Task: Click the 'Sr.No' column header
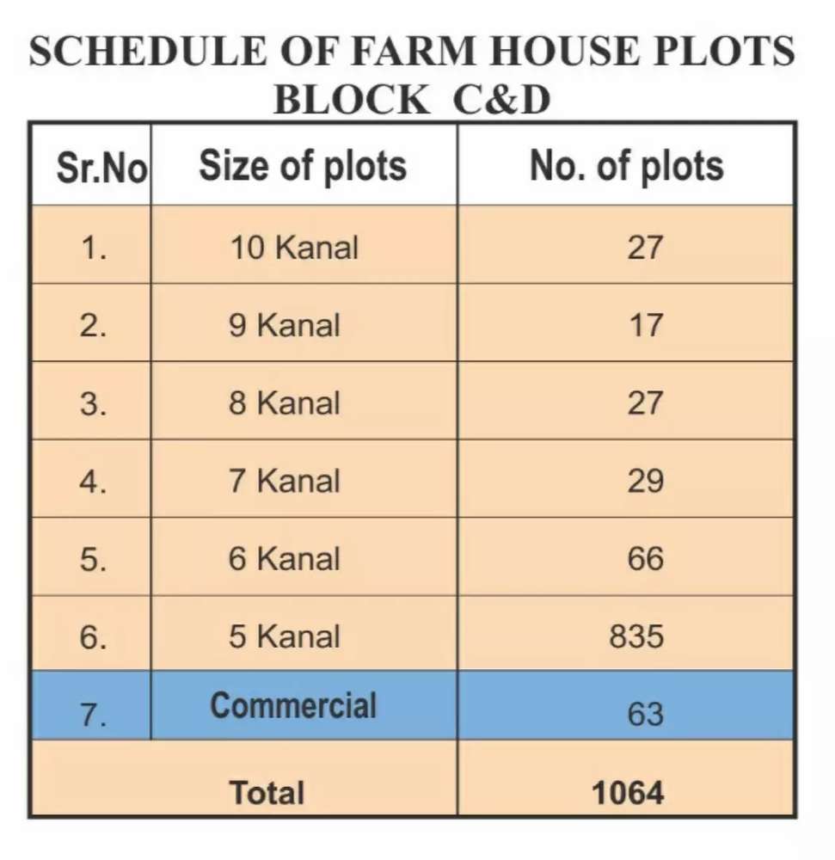pos(102,168)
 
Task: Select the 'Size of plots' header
pos(303,166)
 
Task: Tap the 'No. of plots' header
pos(627,166)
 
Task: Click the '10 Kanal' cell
pos(294,248)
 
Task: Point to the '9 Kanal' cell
pos(284,325)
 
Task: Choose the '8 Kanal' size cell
pos(284,403)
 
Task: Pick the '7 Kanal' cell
pos(284,481)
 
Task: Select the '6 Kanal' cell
pos(284,559)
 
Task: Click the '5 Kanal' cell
pos(284,636)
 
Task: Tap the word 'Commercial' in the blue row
pos(293,705)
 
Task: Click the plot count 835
pos(636,636)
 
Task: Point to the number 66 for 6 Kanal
pos(645,559)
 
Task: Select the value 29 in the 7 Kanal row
pos(645,481)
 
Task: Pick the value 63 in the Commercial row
pos(645,715)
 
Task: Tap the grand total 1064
pos(628,793)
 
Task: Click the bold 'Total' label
pos(267,793)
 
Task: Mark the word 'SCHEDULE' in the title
pos(148,51)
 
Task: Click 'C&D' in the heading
pos(501,100)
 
